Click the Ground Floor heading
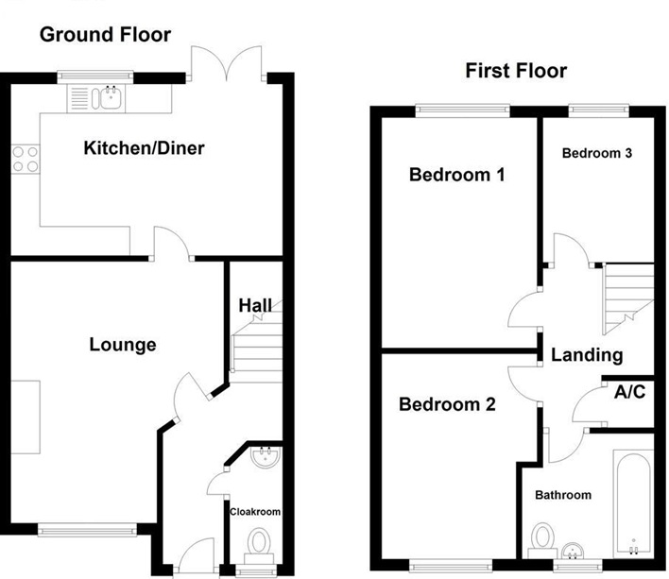click(106, 35)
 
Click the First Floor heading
click(516, 71)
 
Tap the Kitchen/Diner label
click(145, 148)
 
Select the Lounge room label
click(123, 345)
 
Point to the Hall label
click(255, 306)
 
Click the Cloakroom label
click(255, 512)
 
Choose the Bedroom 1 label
click(457, 175)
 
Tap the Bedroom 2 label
click(448, 404)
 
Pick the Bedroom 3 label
click(597, 153)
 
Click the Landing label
click(587, 355)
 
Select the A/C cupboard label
click(629, 391)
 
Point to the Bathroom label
click(563, 495)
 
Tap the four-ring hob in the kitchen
click(26, 159)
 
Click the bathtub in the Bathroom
click(633, 503)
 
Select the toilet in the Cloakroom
click(259, 546)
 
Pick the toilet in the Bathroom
click(542, 540)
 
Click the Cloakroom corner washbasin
click(266, 456)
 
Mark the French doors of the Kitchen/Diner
click(227, 63)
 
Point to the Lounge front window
click(87, 531)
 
